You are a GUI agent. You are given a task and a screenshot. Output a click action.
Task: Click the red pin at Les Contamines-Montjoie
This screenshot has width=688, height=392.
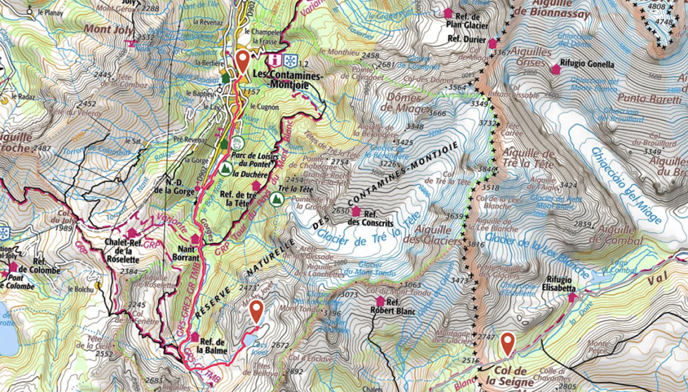tap(242, 62)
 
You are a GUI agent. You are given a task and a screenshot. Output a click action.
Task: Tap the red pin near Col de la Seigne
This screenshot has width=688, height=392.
tap(507, 344)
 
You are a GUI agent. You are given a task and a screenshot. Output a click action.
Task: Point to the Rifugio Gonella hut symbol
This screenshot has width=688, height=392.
tap(555, 69)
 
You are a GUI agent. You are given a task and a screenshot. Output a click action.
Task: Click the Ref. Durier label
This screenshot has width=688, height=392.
tap(465, 40)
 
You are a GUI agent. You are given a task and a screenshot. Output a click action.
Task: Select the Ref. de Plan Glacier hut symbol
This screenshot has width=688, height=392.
tap(448, 13)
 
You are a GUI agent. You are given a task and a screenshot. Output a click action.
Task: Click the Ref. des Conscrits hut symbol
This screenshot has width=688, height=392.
tap(356, 211)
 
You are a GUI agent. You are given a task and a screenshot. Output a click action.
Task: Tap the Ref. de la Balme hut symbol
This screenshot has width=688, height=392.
tap(194, 337)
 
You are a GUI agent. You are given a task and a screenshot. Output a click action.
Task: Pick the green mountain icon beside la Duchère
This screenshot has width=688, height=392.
tap(226, 169)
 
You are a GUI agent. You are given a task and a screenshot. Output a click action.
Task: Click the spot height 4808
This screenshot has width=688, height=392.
tap(656, 6)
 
